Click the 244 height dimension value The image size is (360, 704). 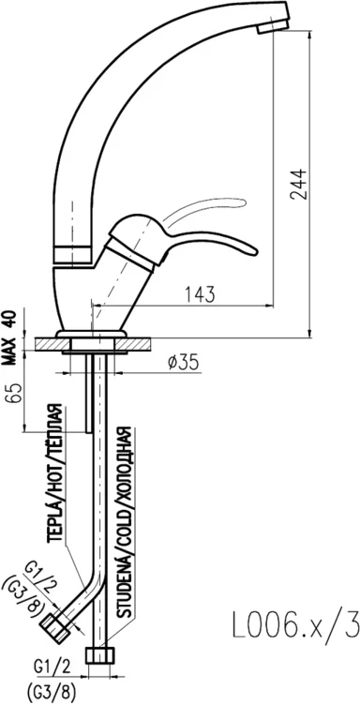point(297,184)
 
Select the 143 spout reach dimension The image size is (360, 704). point(200,294)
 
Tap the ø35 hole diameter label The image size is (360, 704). point(183,363)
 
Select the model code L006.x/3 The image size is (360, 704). point(296,624)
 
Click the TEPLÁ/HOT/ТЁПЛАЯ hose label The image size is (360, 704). point(55,473)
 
